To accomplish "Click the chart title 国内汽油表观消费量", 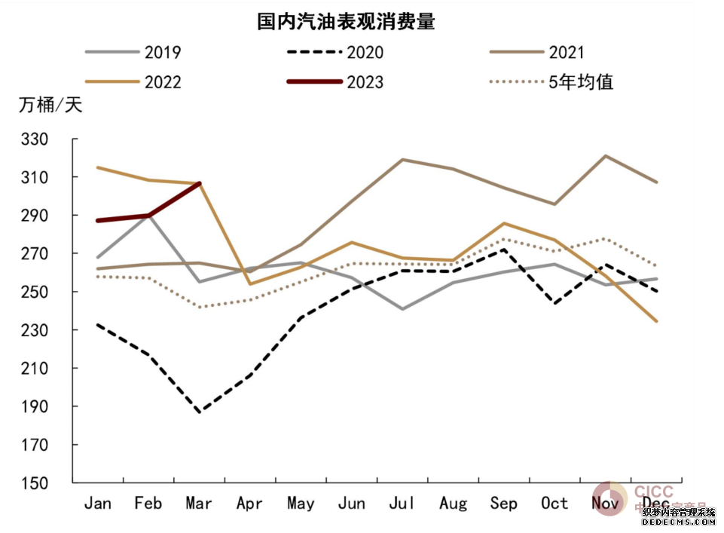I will pos(346,22).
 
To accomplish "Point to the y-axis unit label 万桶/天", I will pos(50,106).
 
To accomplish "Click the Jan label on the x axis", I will pos(98,503).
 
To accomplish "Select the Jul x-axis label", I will pos(402,503).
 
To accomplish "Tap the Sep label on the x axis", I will pos(504,503).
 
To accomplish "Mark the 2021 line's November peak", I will pos(605,156).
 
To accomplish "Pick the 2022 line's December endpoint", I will pos(656,322).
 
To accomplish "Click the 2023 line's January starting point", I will pos(98,220).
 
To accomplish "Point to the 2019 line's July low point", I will pos(402,309).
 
